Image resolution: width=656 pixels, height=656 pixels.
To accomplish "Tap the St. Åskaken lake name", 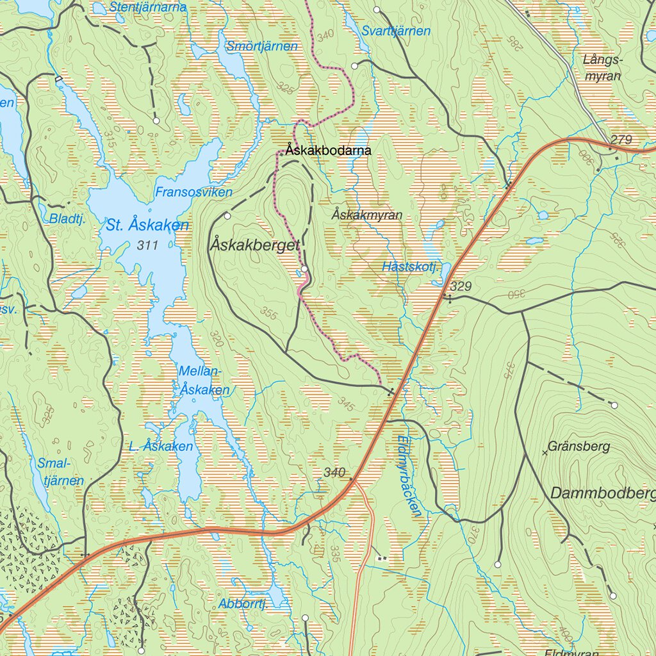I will pyautogui.click(x=147, y=225).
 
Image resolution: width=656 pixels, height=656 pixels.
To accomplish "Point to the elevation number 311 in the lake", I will pyautogui.click(x=147, y=245).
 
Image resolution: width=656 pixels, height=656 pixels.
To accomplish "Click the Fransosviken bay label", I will pyautogui.click(x=193, y=192).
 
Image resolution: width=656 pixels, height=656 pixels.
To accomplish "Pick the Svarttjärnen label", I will pyautogui.click(x=395, y=31).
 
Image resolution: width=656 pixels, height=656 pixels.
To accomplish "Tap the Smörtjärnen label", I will pyautogui.click(x=262, y=46).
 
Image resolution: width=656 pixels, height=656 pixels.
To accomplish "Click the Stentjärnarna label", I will pyautogui.click(x=147, y=8).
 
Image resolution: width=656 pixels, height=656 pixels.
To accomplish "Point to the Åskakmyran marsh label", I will pyautogui.click(x=367, y=215).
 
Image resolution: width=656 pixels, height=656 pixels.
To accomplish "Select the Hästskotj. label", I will pyautogui.click(x=409, y=266).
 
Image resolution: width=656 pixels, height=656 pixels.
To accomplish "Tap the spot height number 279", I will pyautogui.click(x=621, y=140).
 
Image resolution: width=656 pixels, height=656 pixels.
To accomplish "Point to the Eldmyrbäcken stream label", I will pyautogui.click(x=409, y=475).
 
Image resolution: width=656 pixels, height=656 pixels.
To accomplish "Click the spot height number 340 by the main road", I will pyautogui.click(x=334, y=473).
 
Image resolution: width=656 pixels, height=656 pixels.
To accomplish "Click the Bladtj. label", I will pyautogui.click(x=67, y=218).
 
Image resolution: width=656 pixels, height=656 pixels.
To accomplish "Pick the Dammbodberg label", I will pyautogui.click(x=602, y=493).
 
